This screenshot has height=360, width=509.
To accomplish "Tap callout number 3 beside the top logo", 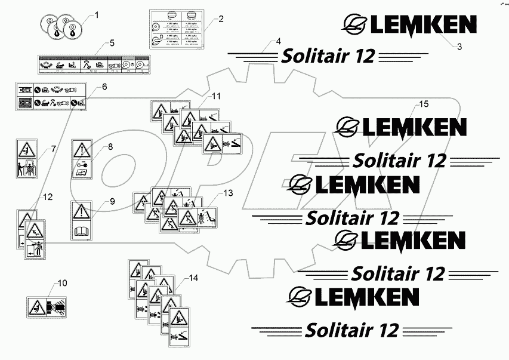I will [459, 47].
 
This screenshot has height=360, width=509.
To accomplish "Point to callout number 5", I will [111, 42].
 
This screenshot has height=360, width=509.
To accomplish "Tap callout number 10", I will [62, 282].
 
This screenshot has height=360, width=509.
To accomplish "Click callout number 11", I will [215, 96].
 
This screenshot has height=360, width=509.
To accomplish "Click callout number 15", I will [423, 104].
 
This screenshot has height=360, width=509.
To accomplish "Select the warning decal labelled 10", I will [47, 306].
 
